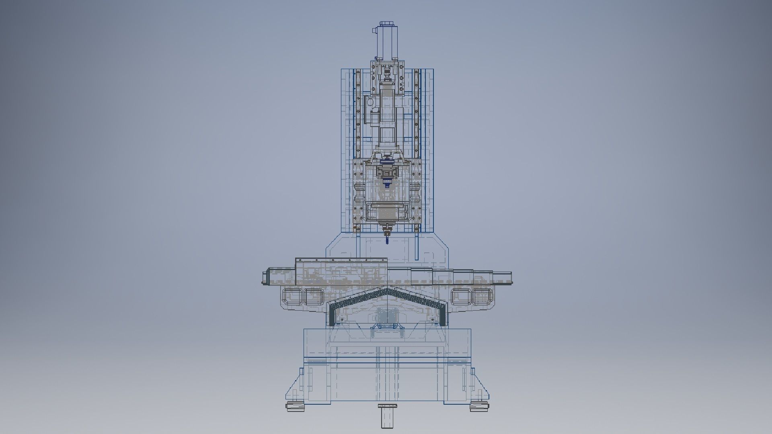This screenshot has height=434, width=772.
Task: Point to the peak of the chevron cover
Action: (x=387, y=289)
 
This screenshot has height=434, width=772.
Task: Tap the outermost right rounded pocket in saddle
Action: (x=481, y=297)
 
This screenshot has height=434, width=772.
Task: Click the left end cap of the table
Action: (x=265, y=278)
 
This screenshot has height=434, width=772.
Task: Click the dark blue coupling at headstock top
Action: (x=387, y=162)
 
